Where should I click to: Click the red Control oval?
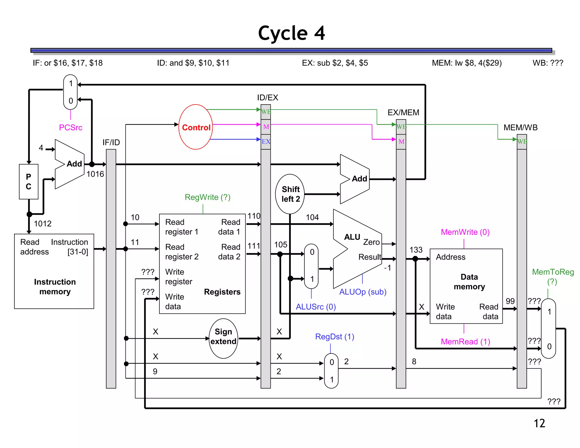coord(196,127)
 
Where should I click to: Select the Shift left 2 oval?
coord(290,194)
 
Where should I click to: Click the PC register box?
coord(29,182)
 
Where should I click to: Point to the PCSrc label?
coord(71,127)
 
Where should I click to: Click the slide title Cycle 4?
coord(291,33)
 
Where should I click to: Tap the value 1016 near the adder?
coord(95,174)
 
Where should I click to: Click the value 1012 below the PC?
coord(42,224)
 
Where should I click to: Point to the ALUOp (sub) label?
coord(363,292)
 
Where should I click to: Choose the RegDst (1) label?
coord(334,336)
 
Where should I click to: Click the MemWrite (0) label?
coord(465,232)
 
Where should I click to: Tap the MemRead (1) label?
coord(465,342)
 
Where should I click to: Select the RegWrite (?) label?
coord(207,197)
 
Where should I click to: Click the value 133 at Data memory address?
coord(416,250)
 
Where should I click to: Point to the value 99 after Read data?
coord(510,301)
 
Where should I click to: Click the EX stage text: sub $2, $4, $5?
coord(335,63)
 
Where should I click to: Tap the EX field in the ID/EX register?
coord(266,141)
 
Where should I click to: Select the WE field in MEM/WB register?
coord(522,141)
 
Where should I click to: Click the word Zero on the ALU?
coord(371,242)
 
